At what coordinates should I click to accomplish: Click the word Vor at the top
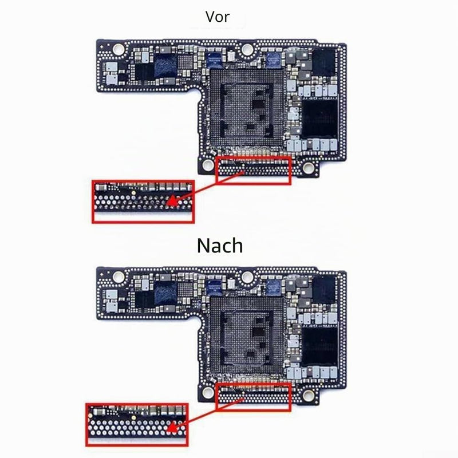218,17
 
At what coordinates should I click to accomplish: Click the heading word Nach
220,246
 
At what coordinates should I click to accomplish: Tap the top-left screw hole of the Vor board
119,49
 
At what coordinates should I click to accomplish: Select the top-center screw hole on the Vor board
247,49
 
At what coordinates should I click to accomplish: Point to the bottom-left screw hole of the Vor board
208,165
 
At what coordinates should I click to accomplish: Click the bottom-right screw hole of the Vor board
308,167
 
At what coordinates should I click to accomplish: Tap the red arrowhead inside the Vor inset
173,202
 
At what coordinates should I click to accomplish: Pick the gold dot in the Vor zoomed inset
133,193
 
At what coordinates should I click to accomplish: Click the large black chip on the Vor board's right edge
319,119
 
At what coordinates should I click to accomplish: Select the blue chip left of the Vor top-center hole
215,61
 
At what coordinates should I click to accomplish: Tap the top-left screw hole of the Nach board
119,276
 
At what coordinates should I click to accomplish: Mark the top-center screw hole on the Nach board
247,277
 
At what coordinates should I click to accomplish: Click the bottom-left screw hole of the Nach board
208,392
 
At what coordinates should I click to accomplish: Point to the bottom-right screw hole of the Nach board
308,395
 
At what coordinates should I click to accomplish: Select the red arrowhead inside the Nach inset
173,427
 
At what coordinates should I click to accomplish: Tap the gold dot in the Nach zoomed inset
133,418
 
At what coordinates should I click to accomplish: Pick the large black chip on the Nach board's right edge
319,346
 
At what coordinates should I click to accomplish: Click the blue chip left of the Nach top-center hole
215,288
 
